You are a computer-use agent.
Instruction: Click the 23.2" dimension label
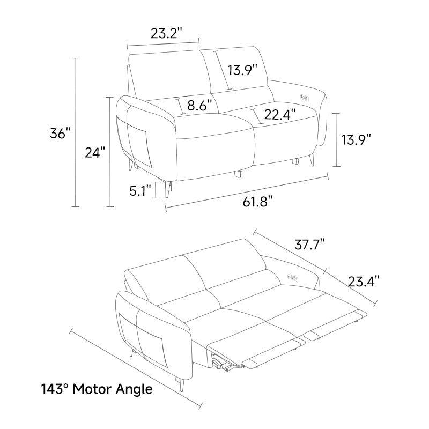pos(166,33)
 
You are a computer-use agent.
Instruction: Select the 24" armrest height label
pos(95,152)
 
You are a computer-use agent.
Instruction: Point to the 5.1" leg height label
pos(140,190)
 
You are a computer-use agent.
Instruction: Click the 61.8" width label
pos(257,202)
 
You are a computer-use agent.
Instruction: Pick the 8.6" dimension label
pos(199,105)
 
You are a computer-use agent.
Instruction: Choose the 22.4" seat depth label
pos(280,114)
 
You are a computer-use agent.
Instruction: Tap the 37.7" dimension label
pos(310,244)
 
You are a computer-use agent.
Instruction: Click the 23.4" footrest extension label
pos(364,281)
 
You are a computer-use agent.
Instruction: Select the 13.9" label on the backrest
pos(243,70)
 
